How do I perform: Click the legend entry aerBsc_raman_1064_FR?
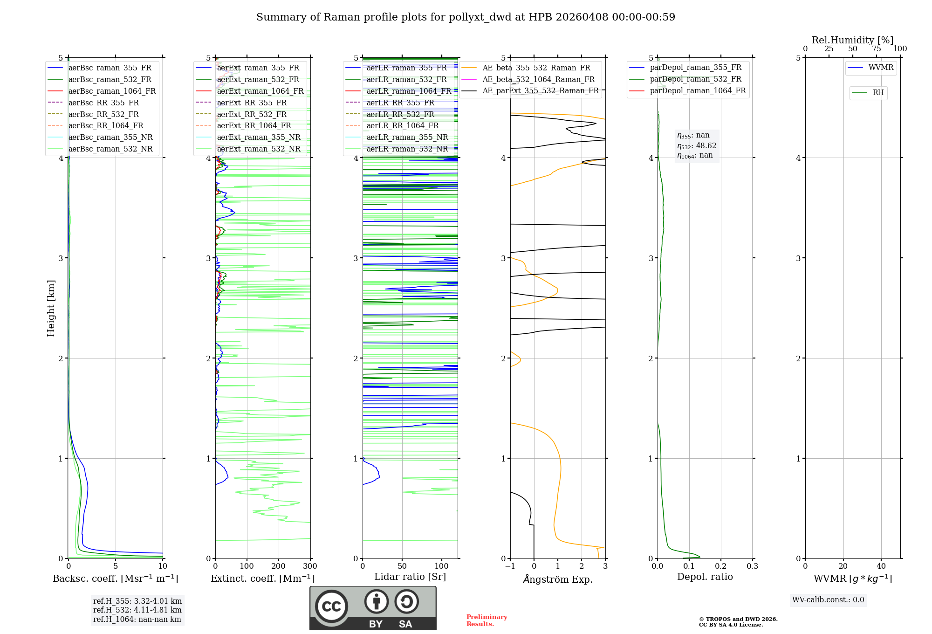point(112,91)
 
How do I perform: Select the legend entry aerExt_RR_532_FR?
point(252,114)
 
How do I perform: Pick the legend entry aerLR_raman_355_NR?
point(407,137)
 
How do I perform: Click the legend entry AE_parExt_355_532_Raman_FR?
point(540,90)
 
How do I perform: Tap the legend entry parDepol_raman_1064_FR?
point(698,90)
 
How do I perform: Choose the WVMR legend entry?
point(880,68)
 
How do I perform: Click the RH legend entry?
point(878,93)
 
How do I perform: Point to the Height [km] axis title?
point(51,308)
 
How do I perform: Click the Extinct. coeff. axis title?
point(263,579)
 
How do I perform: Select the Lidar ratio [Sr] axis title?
point(410,577)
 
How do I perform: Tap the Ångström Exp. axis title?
point(558,579)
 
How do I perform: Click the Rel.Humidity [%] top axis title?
point(852,40)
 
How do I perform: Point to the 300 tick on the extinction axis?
point(310,566)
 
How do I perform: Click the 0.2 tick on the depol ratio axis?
point(720,566)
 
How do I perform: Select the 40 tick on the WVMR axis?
point(881,566)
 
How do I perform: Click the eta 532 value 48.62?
point(706,146)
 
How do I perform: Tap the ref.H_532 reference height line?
point(137,610)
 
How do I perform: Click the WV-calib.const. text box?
point(828,600)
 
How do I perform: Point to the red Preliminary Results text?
point(487,620)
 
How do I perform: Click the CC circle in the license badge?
point(331,606)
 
